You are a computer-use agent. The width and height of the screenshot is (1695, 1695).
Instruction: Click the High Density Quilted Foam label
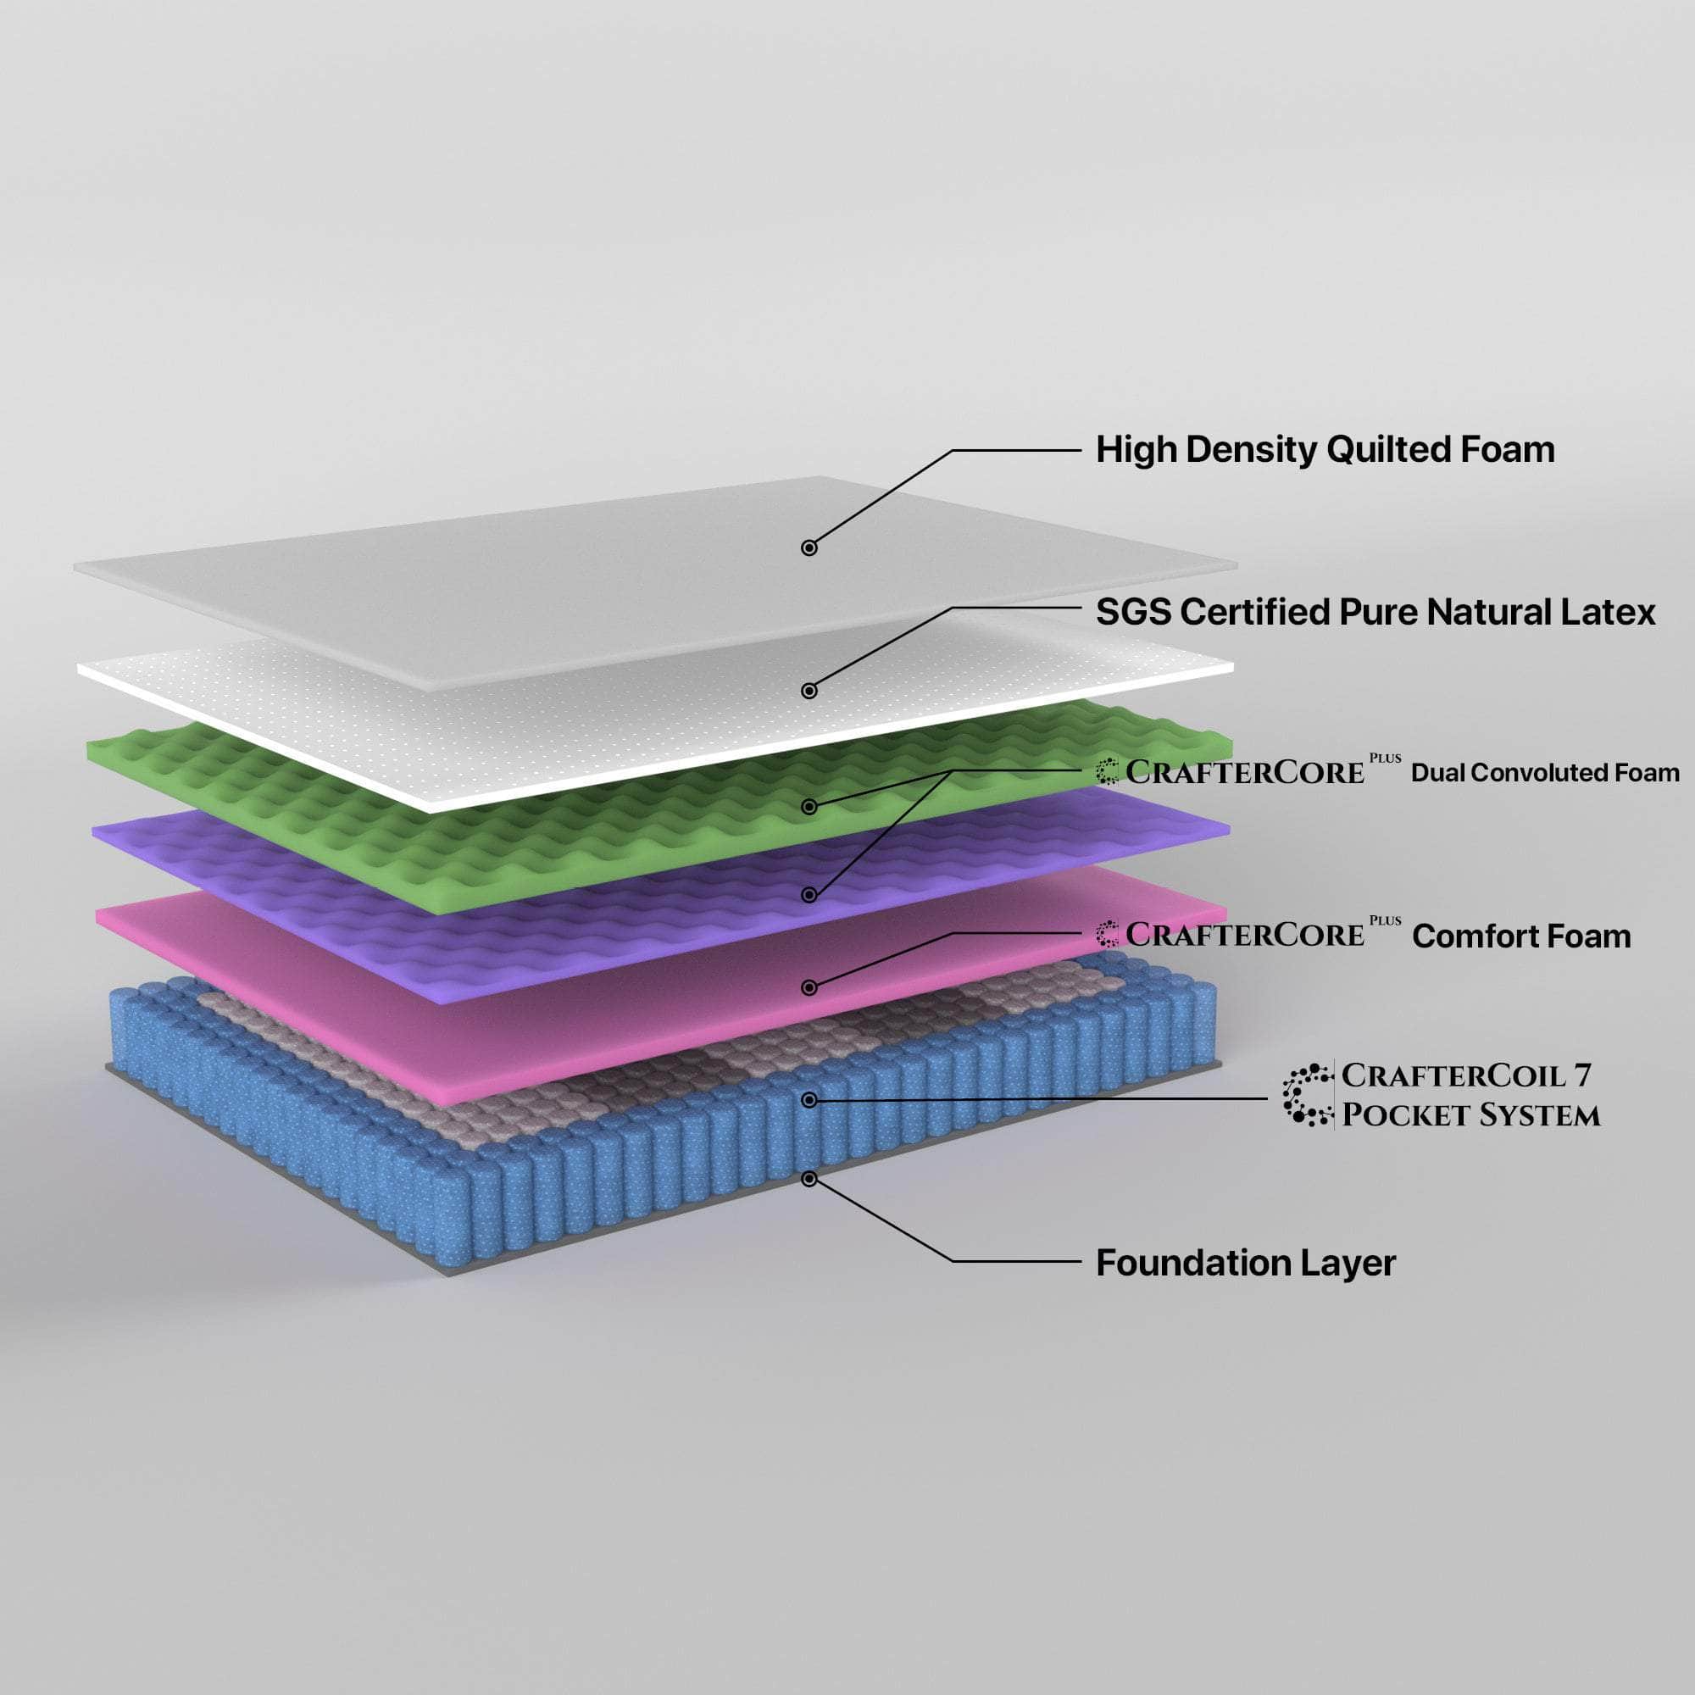click(1325, 450)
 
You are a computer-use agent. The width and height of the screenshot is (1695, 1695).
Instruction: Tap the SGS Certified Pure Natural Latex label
click(1375, 613)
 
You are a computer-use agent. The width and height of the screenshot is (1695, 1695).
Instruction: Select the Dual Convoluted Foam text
click(1545, 773)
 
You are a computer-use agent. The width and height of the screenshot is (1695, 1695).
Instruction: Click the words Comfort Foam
click(1521, 936)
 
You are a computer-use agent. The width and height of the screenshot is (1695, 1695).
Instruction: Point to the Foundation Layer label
click(1246, 1264)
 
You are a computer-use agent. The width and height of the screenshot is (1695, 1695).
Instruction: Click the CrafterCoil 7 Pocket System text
click(1470, 1095)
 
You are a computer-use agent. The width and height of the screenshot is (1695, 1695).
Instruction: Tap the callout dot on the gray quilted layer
click(809, 547)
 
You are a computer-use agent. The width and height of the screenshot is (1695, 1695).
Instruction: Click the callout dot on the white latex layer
click(809, 692)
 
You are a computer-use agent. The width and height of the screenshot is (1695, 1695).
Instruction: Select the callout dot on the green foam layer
click(809, 806)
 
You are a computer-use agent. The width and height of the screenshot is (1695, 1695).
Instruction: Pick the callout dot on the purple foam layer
click(809, 895)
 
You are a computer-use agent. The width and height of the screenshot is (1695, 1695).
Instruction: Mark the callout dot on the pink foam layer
click(809, 988)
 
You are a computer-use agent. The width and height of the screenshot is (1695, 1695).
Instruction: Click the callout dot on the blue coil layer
click(809, 1100)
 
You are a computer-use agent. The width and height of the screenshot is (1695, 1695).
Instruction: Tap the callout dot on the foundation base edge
click(809, 1179)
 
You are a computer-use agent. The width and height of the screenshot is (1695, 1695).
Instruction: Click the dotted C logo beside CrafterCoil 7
click(1306, 1095)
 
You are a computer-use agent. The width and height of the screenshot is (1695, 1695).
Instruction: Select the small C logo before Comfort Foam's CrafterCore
click(1107, 934)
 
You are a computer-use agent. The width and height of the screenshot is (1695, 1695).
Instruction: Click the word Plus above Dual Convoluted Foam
click(1386, 758)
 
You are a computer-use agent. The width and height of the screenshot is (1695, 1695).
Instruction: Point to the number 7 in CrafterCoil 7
click(1581, 1075)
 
